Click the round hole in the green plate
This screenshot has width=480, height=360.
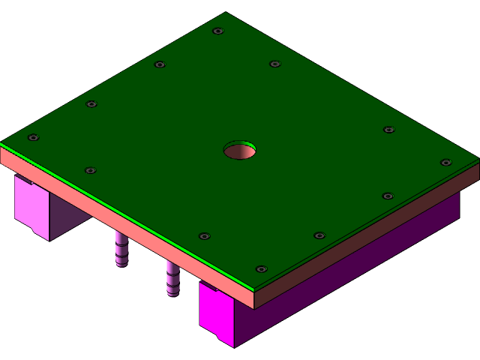pos(240,150)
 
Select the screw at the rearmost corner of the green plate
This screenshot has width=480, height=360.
pos(218,31)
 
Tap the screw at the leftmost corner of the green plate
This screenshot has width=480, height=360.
pos(33,137)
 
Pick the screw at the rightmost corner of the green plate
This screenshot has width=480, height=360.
pos(445,162)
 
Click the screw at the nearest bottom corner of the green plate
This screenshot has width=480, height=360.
pos(261,268)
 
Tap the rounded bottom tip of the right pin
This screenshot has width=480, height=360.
pos(173,294)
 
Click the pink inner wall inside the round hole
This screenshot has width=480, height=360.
pos(241,153)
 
